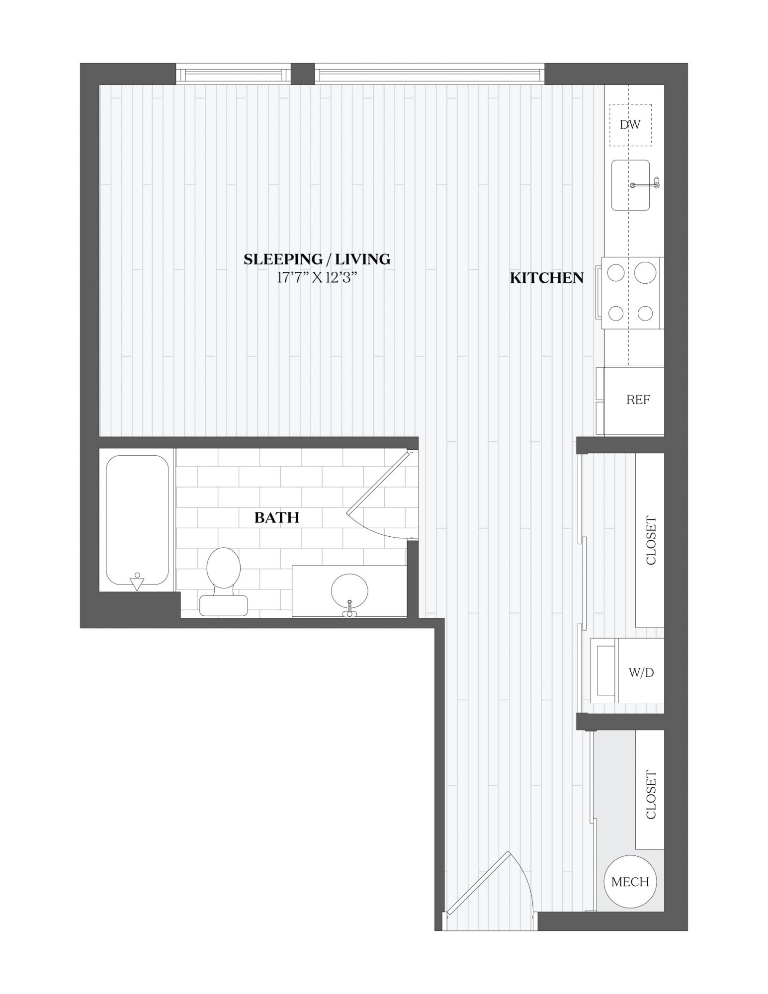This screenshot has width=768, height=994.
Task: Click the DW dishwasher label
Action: [630, 125]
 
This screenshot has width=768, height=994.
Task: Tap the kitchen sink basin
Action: [630, 185]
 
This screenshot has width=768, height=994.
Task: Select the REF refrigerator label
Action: [638, 400]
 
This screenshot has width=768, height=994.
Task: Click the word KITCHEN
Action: [547, 278]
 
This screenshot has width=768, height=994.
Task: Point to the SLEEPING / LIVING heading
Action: [317, 259]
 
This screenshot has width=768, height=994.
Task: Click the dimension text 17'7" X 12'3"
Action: [317, 277]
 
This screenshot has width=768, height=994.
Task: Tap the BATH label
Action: [277, 517]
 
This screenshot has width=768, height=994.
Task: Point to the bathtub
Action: [137, 520]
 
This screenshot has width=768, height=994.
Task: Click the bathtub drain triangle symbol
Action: [137, 582]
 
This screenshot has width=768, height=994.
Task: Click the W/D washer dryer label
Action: [641, 673]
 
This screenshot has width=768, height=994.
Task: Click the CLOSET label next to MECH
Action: [650, 795]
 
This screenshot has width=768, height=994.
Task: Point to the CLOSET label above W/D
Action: [650, 540]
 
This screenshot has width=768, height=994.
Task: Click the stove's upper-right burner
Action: [645, 273]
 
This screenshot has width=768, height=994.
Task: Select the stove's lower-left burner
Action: [616, 313]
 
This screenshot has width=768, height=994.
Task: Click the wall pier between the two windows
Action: [302, 74]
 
